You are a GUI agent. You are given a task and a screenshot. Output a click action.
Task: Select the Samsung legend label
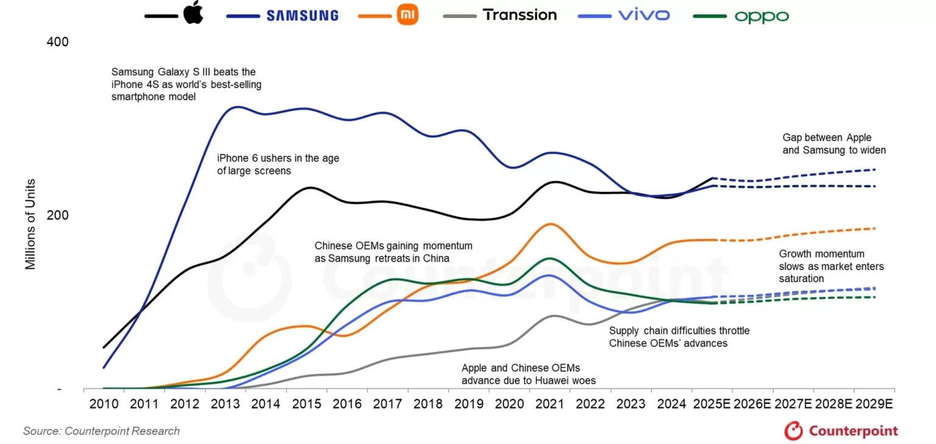click(302, 15)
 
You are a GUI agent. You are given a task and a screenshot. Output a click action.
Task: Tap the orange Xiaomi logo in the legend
click(408, 15)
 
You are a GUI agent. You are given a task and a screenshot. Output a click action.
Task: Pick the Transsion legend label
click(520, 15)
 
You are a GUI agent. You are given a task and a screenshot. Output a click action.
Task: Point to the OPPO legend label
click(762, 16)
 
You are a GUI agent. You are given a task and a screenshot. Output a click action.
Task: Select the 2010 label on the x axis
click(104, 404)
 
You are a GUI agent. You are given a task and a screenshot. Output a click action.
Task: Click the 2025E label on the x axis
click(712, 404)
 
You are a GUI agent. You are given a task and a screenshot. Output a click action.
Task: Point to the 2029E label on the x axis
click(874, 404)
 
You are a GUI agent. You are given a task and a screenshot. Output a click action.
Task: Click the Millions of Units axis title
click(30, 224)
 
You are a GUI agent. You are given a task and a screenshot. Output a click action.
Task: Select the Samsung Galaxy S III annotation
click(186, 84)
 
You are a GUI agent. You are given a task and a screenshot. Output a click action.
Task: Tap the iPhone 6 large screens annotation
click(278, 164)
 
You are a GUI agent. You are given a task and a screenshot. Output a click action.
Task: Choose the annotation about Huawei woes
click(528, 375)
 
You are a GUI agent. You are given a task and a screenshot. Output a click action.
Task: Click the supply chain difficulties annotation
click(679, 337)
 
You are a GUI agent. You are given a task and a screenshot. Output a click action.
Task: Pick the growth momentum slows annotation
click(831, 266)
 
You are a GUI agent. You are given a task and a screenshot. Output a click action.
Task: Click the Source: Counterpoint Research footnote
click(101, 431)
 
